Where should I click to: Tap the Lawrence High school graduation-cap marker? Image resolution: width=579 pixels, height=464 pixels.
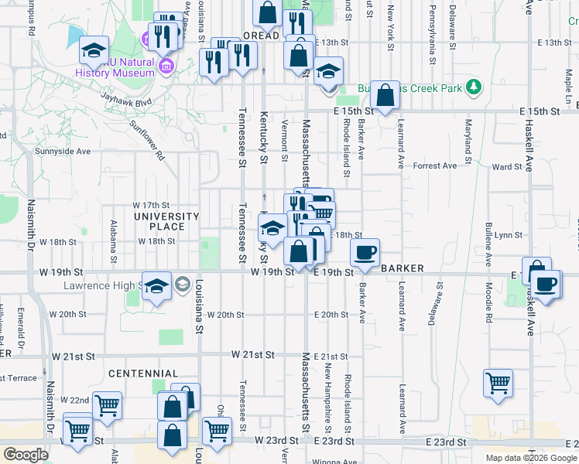[157, 288]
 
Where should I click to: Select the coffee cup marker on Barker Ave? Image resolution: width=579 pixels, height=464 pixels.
[365, 252]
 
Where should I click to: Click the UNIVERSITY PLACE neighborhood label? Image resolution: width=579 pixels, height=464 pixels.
[166, 221]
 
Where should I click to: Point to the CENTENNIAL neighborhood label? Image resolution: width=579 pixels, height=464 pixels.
[143, 374]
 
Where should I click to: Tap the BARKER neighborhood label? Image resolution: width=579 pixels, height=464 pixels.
[403, 268]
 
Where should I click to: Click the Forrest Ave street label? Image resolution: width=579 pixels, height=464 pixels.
[435, 165]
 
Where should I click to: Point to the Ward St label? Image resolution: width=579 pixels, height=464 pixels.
[507, 166]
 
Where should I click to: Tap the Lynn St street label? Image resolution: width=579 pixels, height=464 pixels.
[509, 234]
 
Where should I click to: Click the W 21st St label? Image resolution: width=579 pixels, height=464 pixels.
[252, 355]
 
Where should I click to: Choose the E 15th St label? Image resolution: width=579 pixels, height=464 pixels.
[355, 111]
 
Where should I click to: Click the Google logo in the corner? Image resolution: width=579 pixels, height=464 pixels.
[26, 455]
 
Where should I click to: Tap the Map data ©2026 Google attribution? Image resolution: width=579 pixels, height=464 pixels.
[530, 458]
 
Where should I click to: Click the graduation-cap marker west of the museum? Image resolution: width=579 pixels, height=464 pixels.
[94, 51]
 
